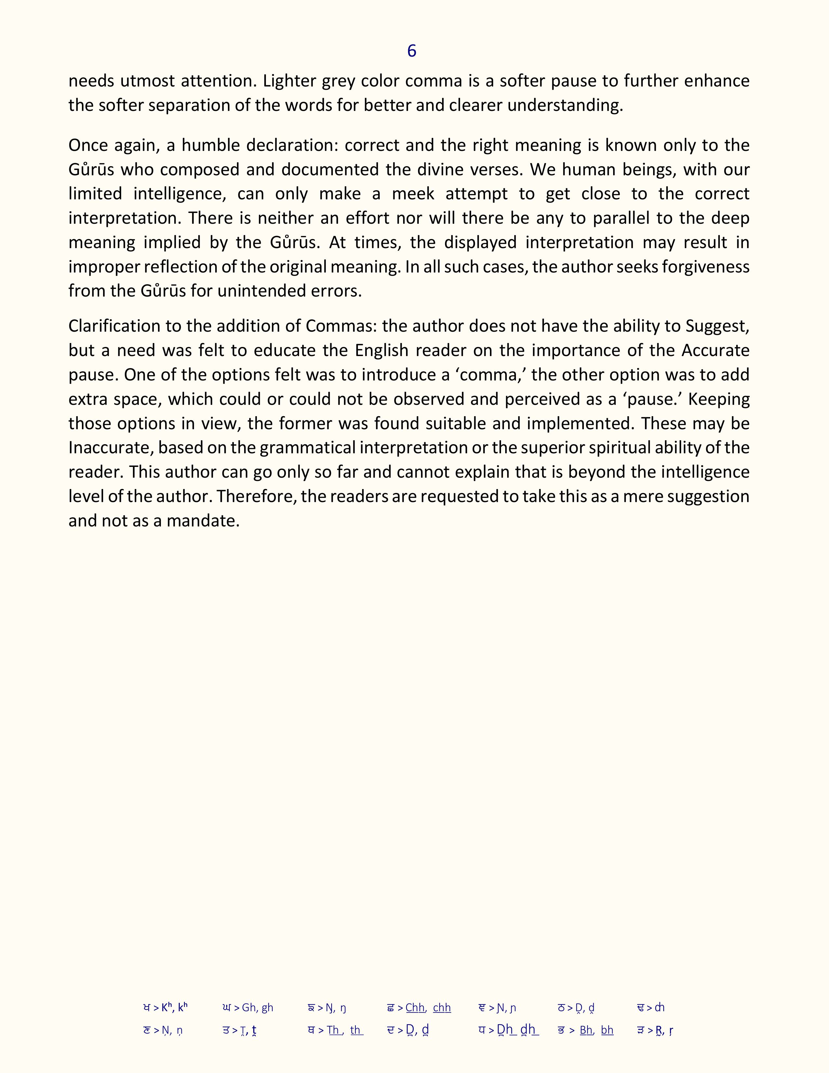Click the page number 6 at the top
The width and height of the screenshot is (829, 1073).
pyautogui.click(x=412, y=51)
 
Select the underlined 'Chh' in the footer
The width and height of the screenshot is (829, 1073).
pyautogui.click(x=415, y=1008)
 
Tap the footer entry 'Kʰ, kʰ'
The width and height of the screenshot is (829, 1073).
pyautogui.click(x=174, y=1008)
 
